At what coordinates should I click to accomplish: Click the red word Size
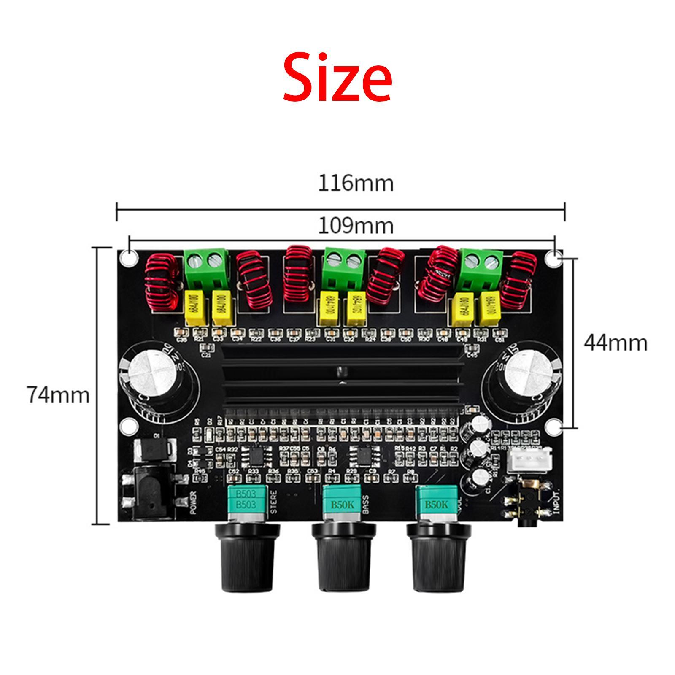pyautogui.click(x=337, y=78)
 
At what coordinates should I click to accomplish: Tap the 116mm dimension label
pyautogui.click(x=355, y=184)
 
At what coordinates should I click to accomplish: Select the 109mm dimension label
pyautogui.click(x=355, y=226)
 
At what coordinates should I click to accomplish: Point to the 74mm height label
pyautogui.click(x=58, y=395)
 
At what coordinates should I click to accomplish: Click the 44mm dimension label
pyautogui.click(x=615, y=343)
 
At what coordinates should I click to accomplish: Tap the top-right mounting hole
pyautogui.click(x=553, y=258)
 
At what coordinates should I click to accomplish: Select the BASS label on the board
pyautogui.click(x=365, y=504)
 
